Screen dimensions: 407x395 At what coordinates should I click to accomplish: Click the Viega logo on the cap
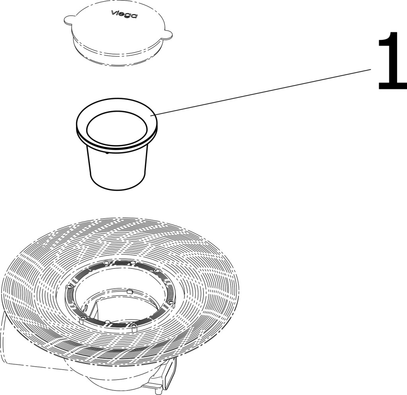point(124,14)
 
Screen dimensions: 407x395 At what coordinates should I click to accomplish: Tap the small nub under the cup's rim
point(107,153)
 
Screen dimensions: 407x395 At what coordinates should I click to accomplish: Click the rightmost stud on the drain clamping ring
point(171,303)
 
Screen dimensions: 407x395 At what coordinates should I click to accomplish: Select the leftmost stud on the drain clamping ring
point(69,286)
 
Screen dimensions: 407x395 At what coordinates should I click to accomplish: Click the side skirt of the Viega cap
point(117,56)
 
